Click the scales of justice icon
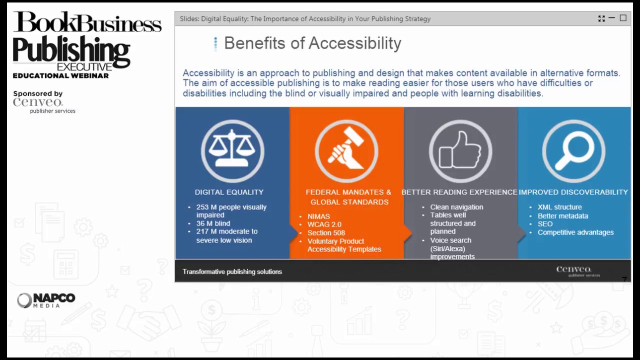232,150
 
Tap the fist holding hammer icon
346,150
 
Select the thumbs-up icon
460,150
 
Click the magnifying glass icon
573,150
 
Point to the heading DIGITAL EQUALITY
229,192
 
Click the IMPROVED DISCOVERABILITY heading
573,192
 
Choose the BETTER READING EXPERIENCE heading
459,192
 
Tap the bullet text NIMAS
318,216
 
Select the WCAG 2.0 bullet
324,224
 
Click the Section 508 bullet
326,232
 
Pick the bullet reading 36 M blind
213,223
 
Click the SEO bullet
545,224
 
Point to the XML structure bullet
559,207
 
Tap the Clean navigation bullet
456,207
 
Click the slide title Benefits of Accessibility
312,43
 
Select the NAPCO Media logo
46,300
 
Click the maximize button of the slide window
623,18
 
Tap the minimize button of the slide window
612,18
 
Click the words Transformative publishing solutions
232,271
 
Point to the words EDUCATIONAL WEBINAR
60,75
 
